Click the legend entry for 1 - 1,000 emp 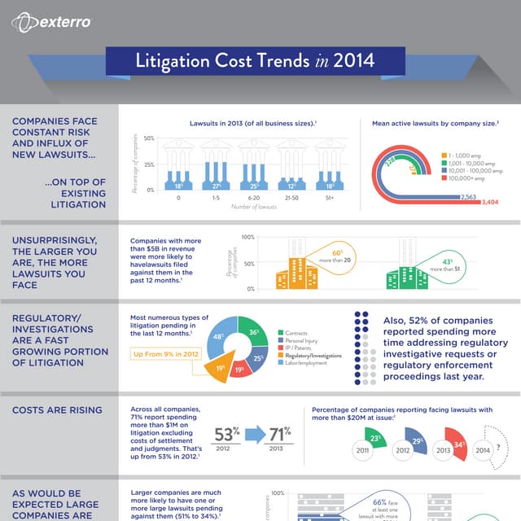click(x=466, y=154)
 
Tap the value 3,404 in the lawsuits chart click(x=490, y=202)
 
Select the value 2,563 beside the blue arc click(x=468, y=196)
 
